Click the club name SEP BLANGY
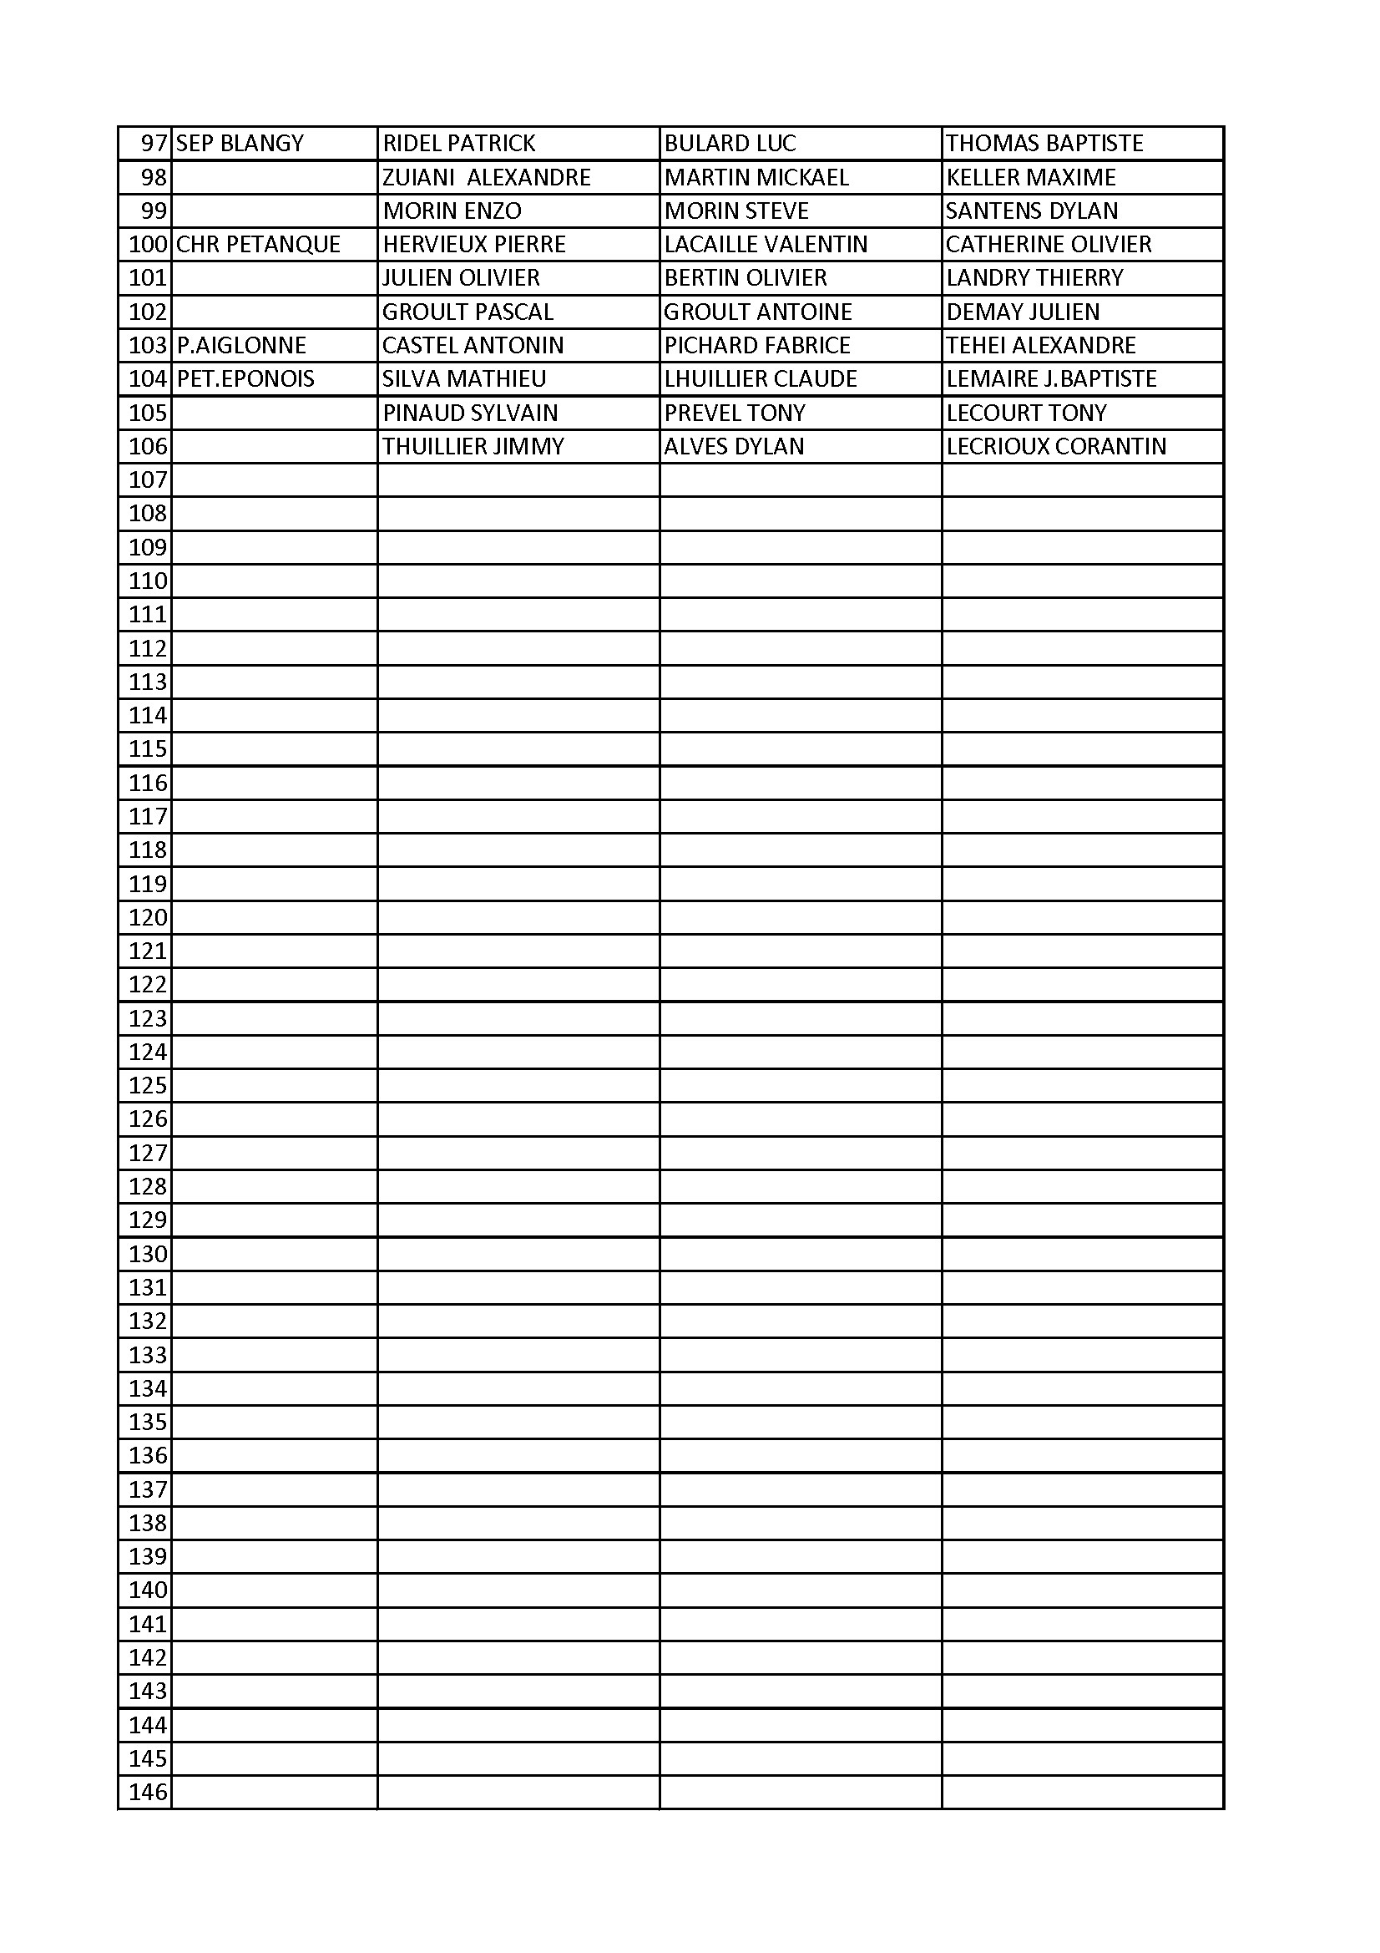point(240,143)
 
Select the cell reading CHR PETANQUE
point(258,244)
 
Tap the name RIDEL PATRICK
point(459,143)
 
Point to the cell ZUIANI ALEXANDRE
point(487,177)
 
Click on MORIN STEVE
point(736,211)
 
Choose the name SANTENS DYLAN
point(1031,211)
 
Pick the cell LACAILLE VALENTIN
point(766,244)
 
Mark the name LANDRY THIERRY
point(1034,278)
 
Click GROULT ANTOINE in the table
point(757,312)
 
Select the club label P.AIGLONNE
point(241,345)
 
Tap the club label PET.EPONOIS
point(245,378)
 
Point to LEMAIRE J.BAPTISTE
point(1051,378)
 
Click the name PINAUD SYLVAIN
point(470,413)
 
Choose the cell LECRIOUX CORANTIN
point(1056,446)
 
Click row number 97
point(154,143)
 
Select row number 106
point(148,446)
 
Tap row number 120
point(148,917)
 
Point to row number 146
point(148,1793)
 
